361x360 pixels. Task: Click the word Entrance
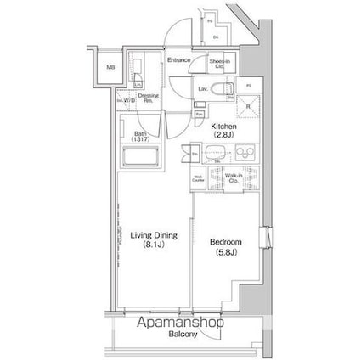[x=179, y=60]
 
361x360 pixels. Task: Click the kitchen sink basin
[x=214, y=153]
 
